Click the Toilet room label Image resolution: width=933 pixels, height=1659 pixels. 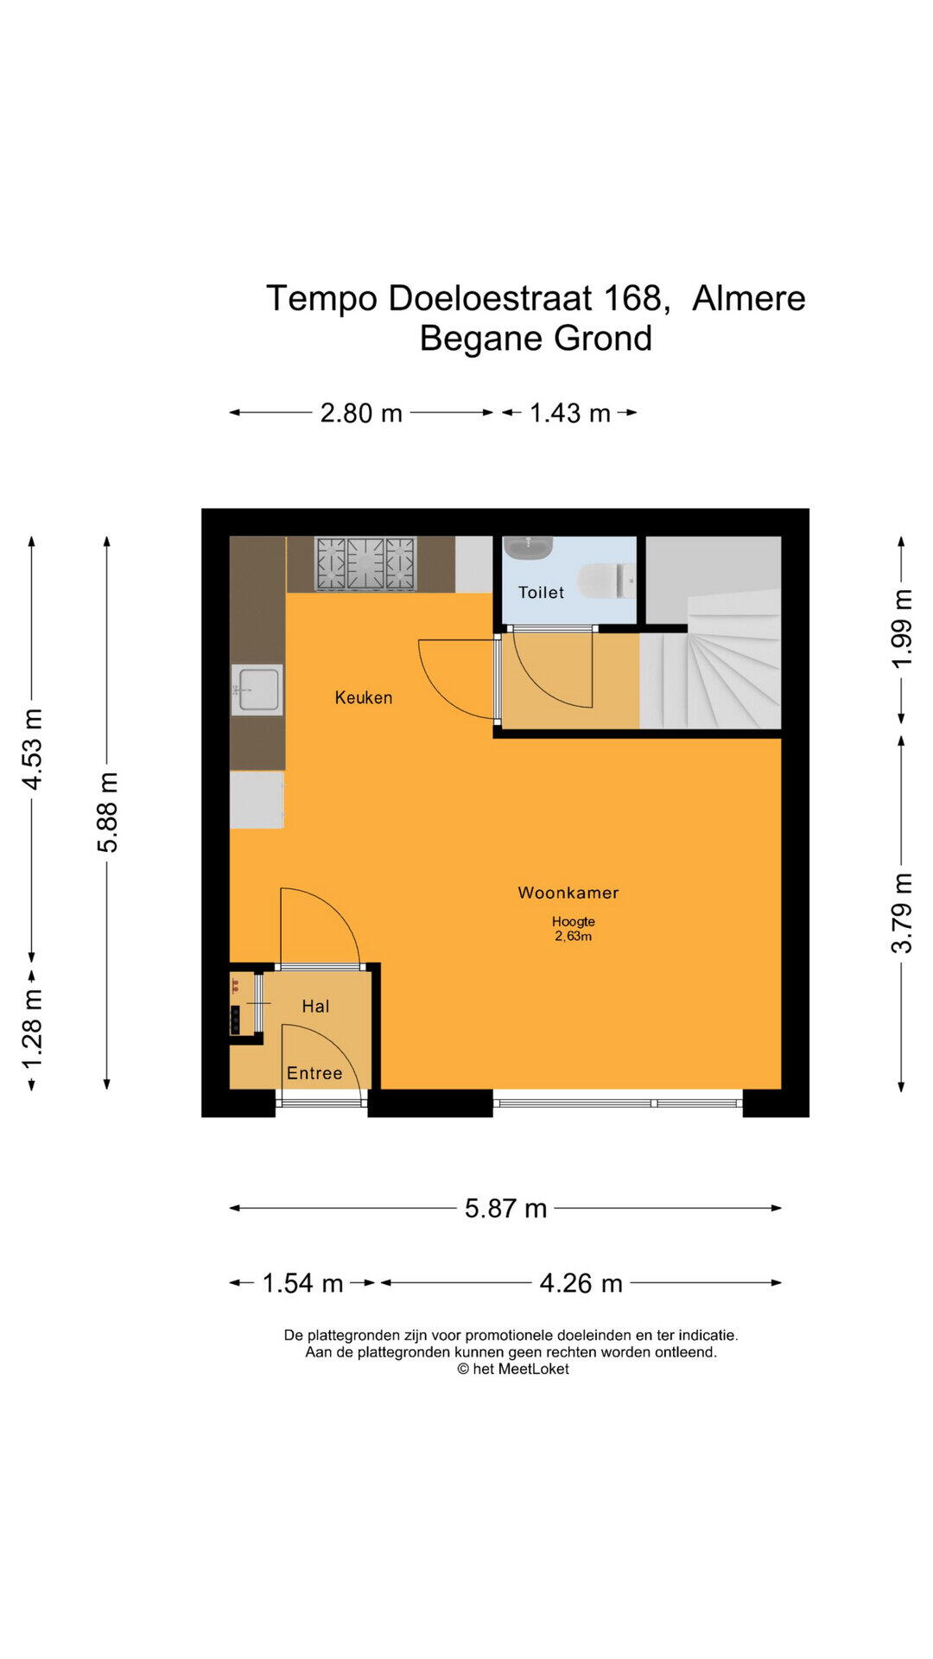[x=541, y=593]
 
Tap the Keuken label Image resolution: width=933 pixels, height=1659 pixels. [x=364, y=697]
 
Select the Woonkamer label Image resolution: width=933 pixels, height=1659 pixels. [x=568, y=893]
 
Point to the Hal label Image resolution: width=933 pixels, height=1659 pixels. [x=315, y=1006]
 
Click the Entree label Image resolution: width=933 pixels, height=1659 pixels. [x=314, y=1073]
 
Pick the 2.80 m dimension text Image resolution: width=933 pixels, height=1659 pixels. [x=361, y=413]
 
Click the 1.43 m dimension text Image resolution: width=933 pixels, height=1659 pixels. [x=570, y=413]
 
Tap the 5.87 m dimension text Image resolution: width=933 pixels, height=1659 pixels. [x=506, y=1208]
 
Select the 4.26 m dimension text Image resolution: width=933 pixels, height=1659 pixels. [x=581, y=1283]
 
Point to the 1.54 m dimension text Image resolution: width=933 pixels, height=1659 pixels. [x=302, y=1283]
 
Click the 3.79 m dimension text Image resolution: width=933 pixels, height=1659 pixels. [x=901, y=913]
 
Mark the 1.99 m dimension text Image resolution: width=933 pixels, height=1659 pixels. [x=901, y=628]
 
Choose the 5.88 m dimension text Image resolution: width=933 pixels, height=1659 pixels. [x=107, y=812]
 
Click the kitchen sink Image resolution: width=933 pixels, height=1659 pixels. [x=257, y=690]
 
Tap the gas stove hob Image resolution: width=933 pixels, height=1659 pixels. [x=365, y=563]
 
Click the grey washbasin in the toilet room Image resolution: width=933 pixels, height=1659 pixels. [x=529, y=547]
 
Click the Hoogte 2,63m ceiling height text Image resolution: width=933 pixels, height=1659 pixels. [x=574, y=929]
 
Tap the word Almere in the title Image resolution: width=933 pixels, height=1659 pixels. [x=749, y=298]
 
